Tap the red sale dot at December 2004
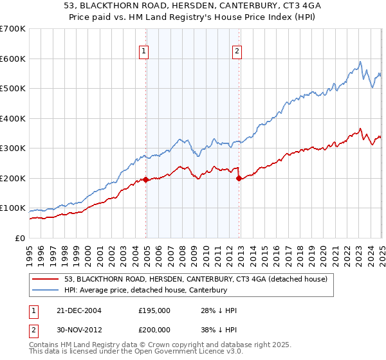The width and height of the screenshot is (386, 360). pyautogui.click(x=146, y=180)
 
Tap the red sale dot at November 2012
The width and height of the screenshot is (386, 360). pyautogui.click(x=239, y=178)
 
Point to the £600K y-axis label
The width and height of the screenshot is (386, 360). pyautogui.click(x=13, y=59)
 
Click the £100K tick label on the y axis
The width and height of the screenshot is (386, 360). pyautogui.click(x=13, y=208)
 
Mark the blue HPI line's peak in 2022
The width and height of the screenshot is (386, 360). pyautogui.click(x=360, y=62)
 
